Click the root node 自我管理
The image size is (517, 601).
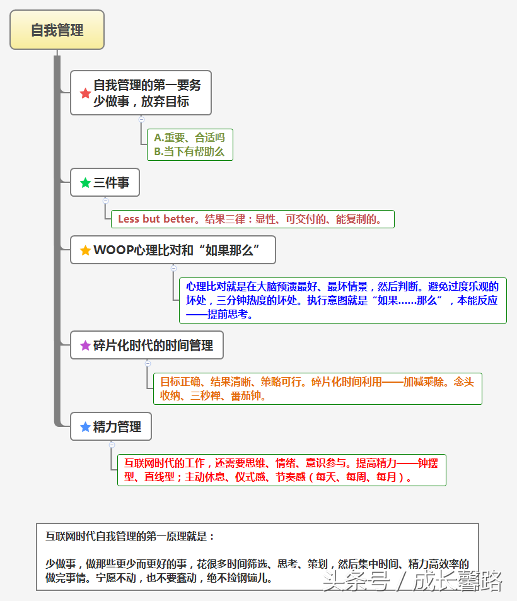click(57, 30)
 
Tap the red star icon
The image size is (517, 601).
click(86, 93)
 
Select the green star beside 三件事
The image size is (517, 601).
click(86, 182)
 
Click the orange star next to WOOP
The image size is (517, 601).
click(86, 250)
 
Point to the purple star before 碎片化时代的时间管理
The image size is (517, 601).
click(86, 346)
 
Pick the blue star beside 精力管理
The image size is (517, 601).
click(86, 426)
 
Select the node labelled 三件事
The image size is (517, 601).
click(105, 182)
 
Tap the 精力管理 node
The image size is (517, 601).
click(111, 426)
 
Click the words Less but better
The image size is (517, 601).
click(156, 219)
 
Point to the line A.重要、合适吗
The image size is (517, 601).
click(189, 137)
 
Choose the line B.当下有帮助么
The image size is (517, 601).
click(189, 152)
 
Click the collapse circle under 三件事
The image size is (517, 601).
click(106, 201)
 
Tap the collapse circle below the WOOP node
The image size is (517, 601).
click(173, 268)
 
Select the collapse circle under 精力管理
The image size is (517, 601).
click(112, 445)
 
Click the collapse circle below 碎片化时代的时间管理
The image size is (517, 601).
click(148, 363)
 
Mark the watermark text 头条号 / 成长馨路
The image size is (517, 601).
click(412, 581)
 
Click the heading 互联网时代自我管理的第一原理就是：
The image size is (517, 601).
click(130, 536)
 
